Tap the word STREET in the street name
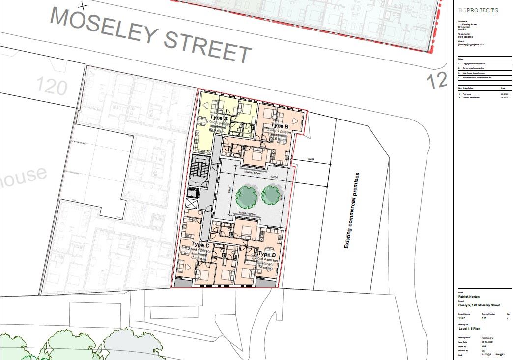pyautogui.click(x=207, y=46)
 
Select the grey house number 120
pyautogui.click(x=52, y=87)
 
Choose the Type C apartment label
pyautogui.click(x=200, y=244)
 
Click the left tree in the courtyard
pyautogui.click(x=247, y=196)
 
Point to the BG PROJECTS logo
pyautogui.click(x=478, y=10)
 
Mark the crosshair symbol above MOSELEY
pyautogui.click(x=84, y=6)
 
